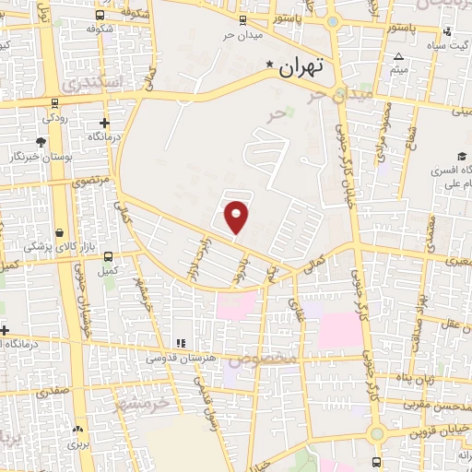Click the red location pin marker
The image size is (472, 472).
pyautogui.click(x=238, y=216)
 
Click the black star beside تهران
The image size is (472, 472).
pyautogui.click(x=270, y=65)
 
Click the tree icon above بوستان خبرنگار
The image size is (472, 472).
pyautogui.click(x=41, y=142)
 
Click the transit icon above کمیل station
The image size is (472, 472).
pyautogui.click(x=109, y=257)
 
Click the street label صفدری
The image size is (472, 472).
pyautogui.click(x=53, y=393)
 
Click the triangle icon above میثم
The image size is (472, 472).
pyautogui.click(x=398, y=57)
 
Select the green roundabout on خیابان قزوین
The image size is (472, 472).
pyautogui.click(x=376, y=433)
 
